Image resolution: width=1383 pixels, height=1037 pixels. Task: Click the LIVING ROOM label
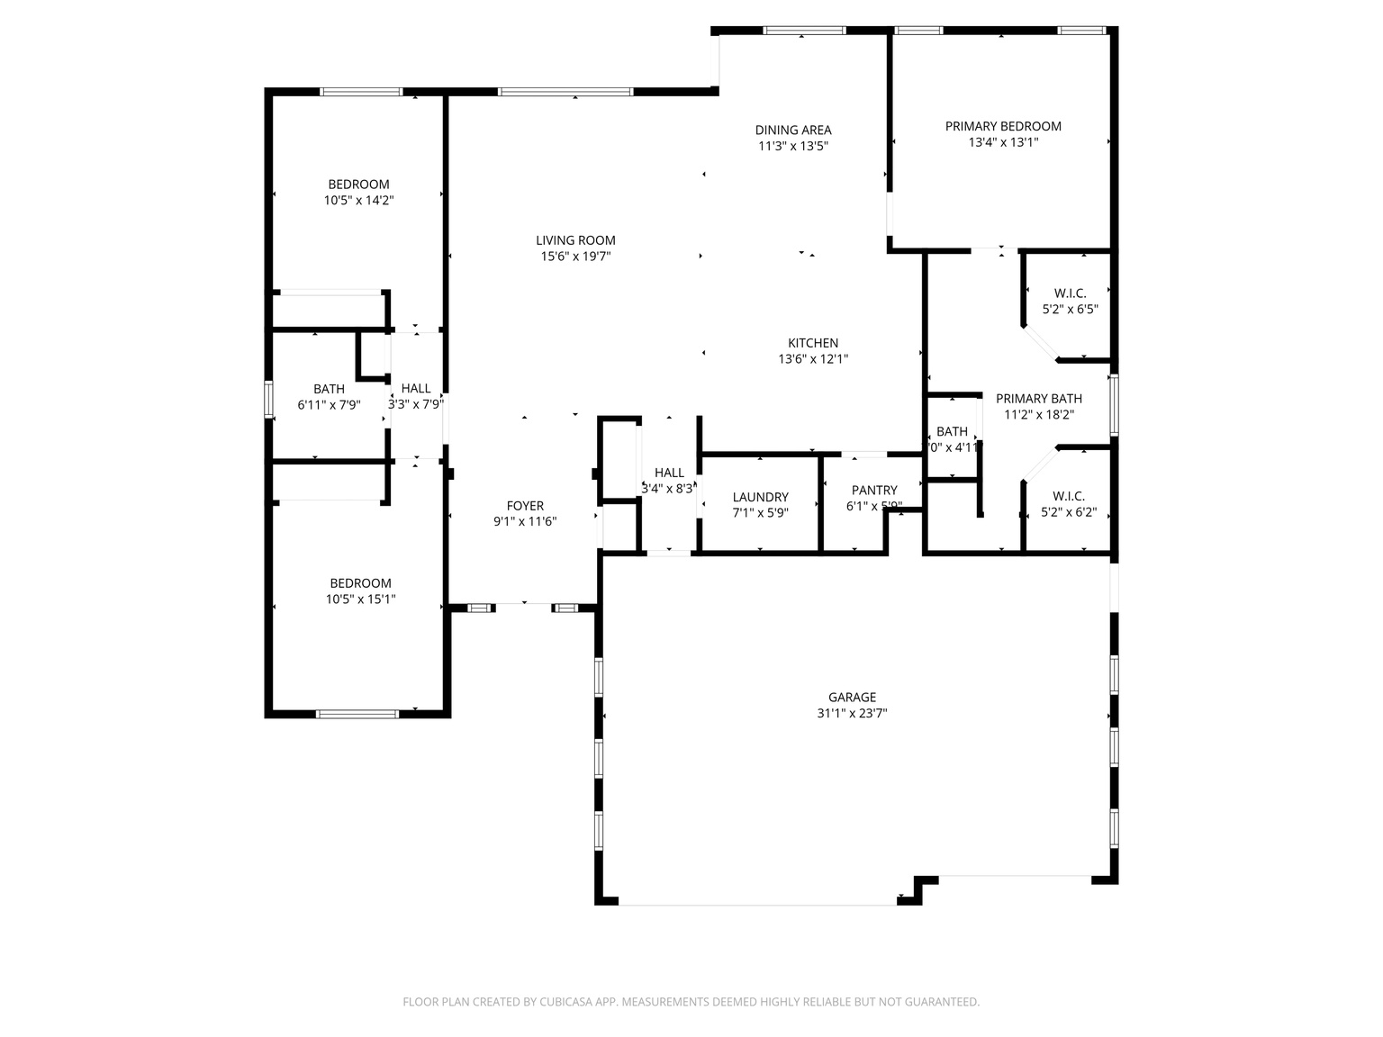pos(575,240)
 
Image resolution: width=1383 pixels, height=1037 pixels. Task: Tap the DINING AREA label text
pos(792,130)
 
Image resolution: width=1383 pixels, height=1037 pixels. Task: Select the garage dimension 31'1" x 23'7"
pos(852,713)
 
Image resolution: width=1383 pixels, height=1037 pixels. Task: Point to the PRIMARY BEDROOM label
pos(1003,126)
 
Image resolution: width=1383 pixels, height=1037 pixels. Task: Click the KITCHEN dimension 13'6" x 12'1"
pos(813,358)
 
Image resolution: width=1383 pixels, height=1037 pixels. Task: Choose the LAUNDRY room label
pos(760,497)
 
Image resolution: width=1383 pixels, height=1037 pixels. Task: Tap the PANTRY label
pos(874,491)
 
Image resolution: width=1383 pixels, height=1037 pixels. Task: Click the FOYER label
pos(525,506)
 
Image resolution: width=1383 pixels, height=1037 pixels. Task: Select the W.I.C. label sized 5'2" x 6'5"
pos(1070,293)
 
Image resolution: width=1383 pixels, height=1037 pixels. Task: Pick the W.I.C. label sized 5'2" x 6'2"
pos(1069,496)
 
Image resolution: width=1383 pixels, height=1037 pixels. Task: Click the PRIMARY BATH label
pos(1038,399)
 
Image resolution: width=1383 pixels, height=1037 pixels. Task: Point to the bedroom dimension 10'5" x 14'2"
pos(358,200)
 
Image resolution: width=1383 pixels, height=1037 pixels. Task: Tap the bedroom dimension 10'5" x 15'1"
pos(360,599)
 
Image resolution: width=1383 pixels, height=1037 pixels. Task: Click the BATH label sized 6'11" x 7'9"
pos(329,389)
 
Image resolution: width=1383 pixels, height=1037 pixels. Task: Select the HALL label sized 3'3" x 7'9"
pos(416,389)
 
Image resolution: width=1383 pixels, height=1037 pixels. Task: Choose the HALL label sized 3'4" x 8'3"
pos(669,473)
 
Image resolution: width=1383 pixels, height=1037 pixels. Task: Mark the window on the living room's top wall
pos(565,92)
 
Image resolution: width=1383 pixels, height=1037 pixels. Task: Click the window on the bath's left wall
pos(268,399)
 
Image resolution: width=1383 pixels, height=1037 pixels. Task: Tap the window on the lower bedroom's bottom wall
pos(357,714)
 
